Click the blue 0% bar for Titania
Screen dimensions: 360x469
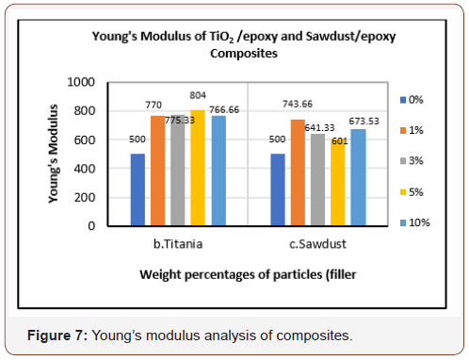137,190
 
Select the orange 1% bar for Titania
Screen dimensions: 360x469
157,171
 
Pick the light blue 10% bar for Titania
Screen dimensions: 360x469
218,171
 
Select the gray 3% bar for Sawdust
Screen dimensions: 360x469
317,180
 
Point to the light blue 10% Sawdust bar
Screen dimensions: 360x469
358,178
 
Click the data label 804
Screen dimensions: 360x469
198,95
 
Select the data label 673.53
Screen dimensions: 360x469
359,122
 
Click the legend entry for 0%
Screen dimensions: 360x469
414,98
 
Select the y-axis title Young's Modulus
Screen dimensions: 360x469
54,154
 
